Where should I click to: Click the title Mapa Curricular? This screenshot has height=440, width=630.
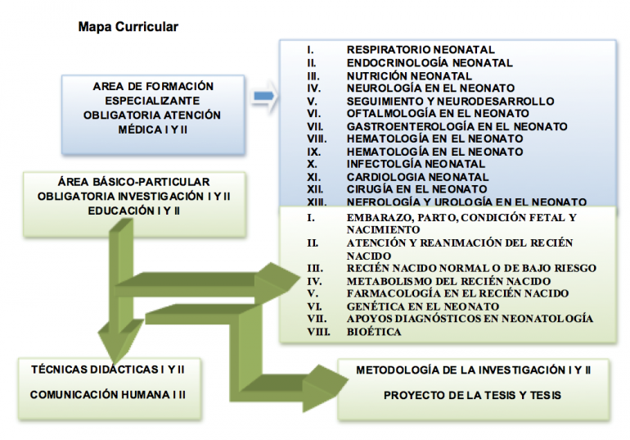pyautogui.click(x=128, y=27)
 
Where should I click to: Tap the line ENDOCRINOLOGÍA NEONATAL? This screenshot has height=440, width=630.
pyautogui.click(x=430, y=62)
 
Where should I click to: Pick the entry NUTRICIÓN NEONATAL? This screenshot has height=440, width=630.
pyautogui.click(x=409, y=75)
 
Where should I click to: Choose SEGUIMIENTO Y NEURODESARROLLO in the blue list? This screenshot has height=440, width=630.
pyautogui.click(x=450, y=101)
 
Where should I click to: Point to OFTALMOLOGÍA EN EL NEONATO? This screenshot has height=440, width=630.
pyautogui.click(x=438, y=113)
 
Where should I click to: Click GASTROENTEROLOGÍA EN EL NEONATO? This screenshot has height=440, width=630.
pyautogui.click(x=457, y=126)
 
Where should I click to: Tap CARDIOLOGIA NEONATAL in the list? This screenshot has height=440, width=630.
pyautogui.click(x=417, y=177)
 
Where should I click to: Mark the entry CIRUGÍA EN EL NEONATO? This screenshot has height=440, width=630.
pyautogui.click(x=416, y=189)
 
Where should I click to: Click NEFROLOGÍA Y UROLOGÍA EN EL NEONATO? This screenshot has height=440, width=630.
pyautogui.click(x=466, y=202)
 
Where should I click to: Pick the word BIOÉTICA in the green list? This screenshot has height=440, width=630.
pyautogui.click(x=374, y=331)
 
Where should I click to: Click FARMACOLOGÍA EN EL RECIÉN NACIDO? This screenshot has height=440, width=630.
pyautogui.click(x=457, y=293)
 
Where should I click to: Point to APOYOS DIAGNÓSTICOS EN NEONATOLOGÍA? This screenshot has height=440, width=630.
pyautogui.click(x=470, y=318)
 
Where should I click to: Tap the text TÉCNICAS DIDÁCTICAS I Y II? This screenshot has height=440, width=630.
pyautogui.click(x=107, y=370)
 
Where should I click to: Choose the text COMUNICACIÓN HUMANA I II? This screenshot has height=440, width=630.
pyautogui.click(x=107, y=395)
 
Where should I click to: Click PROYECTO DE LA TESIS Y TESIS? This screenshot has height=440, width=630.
pyautogui.click(x=473, y=395)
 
